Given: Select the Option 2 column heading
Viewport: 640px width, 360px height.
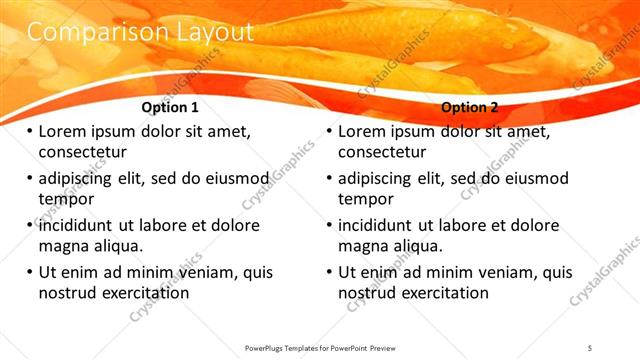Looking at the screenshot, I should coord(470,108).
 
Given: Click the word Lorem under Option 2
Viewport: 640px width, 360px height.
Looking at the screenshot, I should coord(364,132).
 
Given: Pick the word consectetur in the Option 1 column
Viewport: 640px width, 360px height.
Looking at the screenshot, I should coord(83,153).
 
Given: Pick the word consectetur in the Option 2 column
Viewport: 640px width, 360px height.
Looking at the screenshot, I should coord(382,153).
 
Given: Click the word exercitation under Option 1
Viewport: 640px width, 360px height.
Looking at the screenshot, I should coord(143,293).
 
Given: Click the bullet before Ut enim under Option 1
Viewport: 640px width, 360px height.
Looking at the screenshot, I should coord(30,273).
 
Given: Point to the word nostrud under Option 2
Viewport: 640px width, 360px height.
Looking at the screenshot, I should coord(368,293).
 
